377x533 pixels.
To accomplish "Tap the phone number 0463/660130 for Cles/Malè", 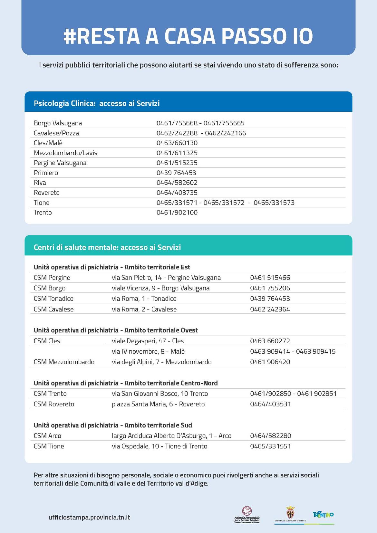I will (177, 143).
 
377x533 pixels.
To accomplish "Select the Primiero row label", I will (46, 173).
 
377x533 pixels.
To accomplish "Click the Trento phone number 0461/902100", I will (177, 213).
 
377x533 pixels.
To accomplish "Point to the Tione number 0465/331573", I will (274, 203).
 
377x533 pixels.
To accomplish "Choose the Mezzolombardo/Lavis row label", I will (65, 153).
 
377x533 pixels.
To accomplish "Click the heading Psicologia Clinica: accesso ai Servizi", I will (97, 103).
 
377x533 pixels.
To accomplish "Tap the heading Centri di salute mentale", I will (107, 247).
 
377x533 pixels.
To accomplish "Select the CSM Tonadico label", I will (53, 299).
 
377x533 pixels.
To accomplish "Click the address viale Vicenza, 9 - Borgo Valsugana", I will (160, 288).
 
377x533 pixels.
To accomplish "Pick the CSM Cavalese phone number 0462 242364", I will (270, 309).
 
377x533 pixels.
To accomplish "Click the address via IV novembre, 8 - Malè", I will (148, 351).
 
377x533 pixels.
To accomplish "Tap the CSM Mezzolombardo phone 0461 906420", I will (270, 362).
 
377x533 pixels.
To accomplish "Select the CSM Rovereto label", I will (54, 404).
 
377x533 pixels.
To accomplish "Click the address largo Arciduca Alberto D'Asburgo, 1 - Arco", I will (171, 436).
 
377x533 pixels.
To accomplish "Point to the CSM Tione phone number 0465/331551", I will (270, 446).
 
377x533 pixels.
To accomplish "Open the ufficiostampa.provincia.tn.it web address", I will (89, 518).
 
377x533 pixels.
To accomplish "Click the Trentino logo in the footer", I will (323, 514).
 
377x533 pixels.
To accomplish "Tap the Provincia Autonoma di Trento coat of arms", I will (290, 512).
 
